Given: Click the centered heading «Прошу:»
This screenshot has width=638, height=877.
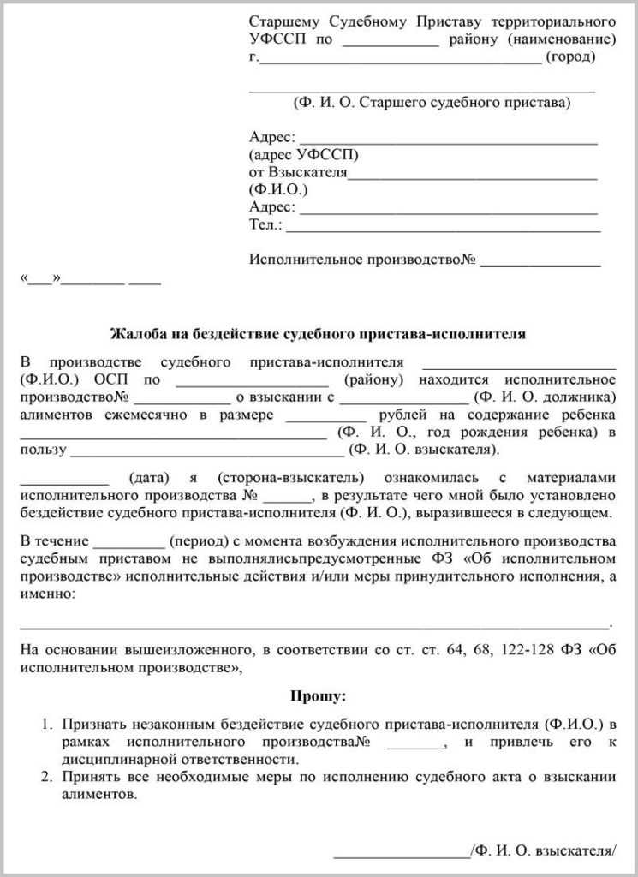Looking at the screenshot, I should coord(319,697).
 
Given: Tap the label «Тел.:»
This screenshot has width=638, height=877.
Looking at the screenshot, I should coord(265,225).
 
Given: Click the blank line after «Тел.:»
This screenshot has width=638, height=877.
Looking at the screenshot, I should coord(443,228).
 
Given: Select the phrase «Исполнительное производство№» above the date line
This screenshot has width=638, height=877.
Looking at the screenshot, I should coord(362,260).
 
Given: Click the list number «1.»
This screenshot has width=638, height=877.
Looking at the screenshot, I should coord(49,725).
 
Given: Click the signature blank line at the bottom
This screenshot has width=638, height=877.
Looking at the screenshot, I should coord(401,854).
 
